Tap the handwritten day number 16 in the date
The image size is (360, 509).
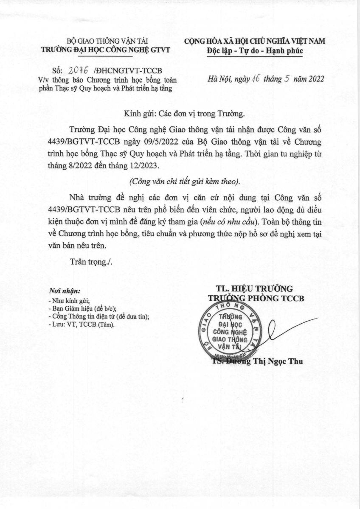click(x=257, y=79)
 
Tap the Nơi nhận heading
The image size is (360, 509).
click(x=65, y=291)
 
